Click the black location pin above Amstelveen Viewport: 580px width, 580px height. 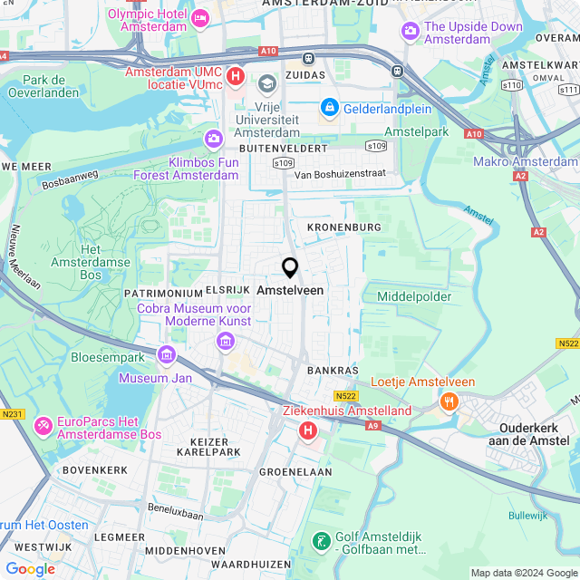tap(290, 268)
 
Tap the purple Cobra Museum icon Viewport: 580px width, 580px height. tap(225, 341)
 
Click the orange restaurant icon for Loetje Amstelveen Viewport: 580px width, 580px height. tap(447, 401)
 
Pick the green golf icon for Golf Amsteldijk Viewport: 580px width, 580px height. tap(320, 541)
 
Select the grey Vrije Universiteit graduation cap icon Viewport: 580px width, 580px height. tap(266, 84)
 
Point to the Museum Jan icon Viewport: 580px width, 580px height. tap(166, 354)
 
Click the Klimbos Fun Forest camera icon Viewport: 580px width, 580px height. tap(214, 139)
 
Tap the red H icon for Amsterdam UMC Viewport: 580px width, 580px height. tap(236, 75)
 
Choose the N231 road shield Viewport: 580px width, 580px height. tap(12, 414)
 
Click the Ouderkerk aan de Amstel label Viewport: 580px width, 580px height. tap(533, 433)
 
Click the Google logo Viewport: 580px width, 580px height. tap(30, 568)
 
